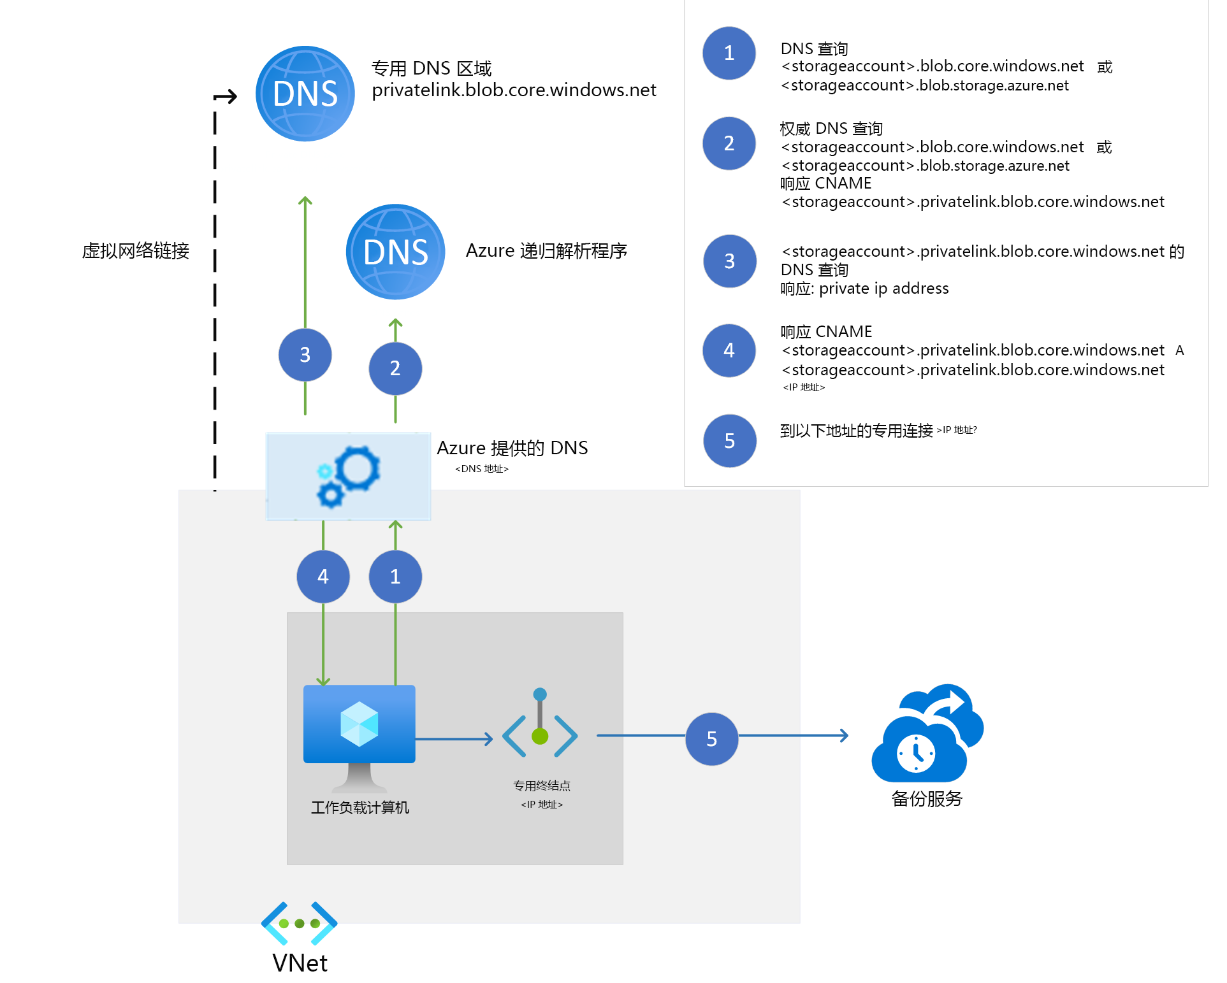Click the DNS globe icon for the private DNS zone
[x=305, y=94]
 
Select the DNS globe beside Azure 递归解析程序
[x=395, y=252]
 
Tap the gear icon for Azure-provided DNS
[x=349, y=476]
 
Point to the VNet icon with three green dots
[x=299, y=923]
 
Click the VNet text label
[x=300, y=963]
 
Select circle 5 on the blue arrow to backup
[x=711, y=739]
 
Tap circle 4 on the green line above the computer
[x=323, y=577]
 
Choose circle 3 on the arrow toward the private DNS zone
[x=305, y=355]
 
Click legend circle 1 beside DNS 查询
[x=729, y=54]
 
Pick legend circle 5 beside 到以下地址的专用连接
[x=729, y=441]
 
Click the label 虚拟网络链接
[x=136, y=251]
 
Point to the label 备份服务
[x=927, y=799]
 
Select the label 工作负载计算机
[x=360, y=808]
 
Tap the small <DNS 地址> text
[x=482, y=469]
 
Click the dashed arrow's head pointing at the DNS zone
[x=231, y=97]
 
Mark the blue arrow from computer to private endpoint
[x=454, y=739]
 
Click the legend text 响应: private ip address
[x=864, y=289]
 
